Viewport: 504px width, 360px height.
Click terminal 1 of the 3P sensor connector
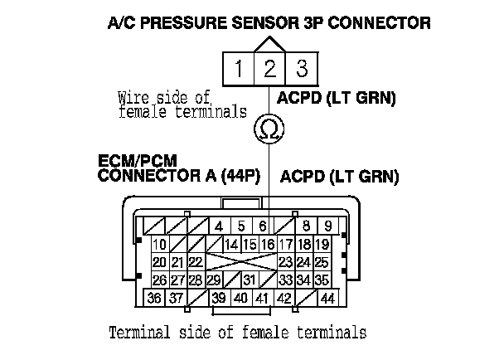point(237,66)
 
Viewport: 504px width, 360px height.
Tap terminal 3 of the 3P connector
point(301,66)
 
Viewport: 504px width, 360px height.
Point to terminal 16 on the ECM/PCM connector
point(268,244)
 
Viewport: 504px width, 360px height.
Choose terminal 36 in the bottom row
point(154,298)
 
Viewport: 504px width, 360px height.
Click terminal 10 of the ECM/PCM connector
point(159,244)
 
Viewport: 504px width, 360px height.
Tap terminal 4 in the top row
point(219,226)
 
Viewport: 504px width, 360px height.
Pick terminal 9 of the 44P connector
point(327,226)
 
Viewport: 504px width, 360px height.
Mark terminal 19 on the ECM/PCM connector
point(323,244)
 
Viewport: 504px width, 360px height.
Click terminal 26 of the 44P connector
point(159,280)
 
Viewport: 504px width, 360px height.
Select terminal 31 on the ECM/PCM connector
point(249,280)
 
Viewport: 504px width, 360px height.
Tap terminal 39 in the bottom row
point(219,298)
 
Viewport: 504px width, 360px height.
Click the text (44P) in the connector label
point(244,176)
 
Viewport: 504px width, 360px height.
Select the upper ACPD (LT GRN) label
point(337,99)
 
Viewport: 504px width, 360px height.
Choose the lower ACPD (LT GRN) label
point(340,176)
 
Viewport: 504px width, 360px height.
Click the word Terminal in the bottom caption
point(140,333)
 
